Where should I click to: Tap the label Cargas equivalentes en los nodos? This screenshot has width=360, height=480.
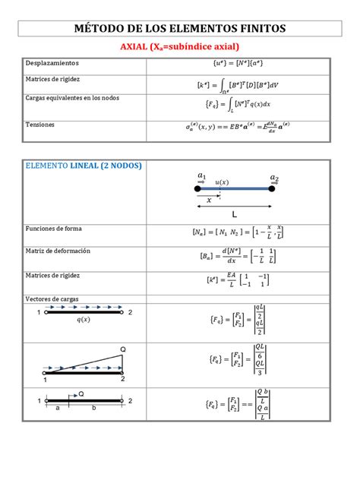tap(73, 98)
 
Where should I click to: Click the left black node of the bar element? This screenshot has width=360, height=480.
tap(198, 188)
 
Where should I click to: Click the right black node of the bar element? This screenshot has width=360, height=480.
tap(273, 188)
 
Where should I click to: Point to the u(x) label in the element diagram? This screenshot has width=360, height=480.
tap(223, 182)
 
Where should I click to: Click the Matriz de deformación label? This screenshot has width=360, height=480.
tap(58, 251)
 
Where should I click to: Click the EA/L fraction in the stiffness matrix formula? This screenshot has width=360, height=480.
tap(232, 280)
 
